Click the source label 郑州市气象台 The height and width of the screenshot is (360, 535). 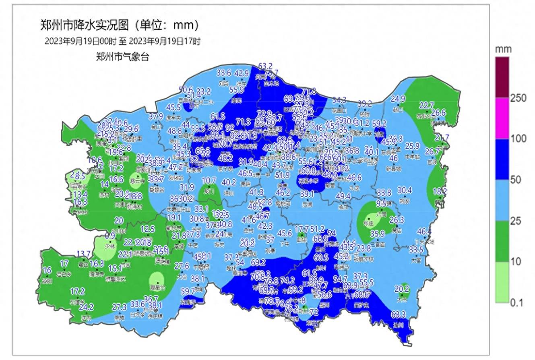pyautogui.click(x=122, y=57)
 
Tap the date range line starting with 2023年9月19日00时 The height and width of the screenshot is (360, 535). pyautogui.click(x=122, y=41)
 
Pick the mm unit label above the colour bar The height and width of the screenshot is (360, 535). pyautogui.click(x=503, y=50)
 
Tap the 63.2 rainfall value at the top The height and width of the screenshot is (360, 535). pyautogui.click(x=265, y=66)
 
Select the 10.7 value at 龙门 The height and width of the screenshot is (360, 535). pyautogui.click(x=209, y=180)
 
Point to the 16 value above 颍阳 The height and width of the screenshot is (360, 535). pyautogui.click(x=47, y=270)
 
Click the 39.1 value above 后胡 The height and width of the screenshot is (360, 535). pyautogui.click(x=307, y=194)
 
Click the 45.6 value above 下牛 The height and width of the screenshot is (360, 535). pyautogui.click(x=285, y=233)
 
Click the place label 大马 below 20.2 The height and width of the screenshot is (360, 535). pyautogui.click(x=401, y=299)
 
